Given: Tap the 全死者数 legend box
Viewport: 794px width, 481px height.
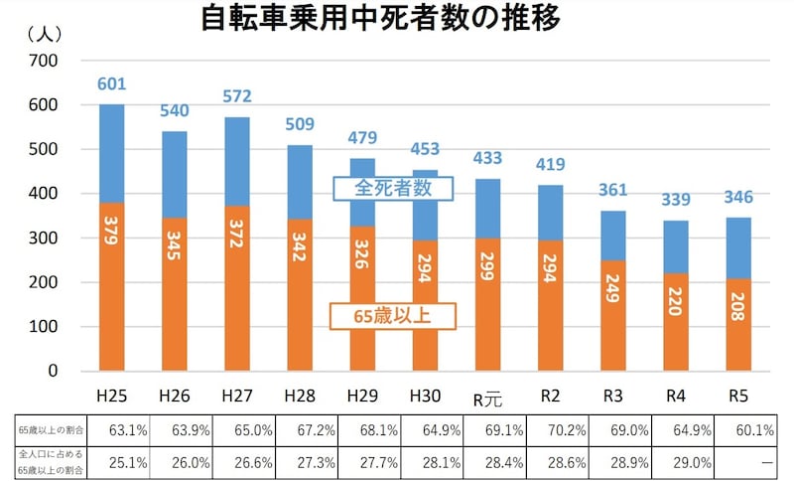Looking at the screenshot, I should (393, 188).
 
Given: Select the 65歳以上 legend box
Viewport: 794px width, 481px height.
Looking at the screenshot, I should (392, 317).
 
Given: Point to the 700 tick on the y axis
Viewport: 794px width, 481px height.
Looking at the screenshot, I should (45, 61).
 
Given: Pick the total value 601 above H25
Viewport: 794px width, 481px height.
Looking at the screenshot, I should (112, 84).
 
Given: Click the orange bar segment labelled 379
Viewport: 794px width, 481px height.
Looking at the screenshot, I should (112, 286).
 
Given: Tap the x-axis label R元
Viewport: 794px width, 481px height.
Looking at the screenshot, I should (487, 397).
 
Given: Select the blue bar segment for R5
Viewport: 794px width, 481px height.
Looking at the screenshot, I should (738, 247).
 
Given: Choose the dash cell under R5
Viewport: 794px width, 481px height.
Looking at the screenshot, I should (738, 461).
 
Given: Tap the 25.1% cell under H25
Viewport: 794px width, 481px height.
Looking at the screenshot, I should (112, 461).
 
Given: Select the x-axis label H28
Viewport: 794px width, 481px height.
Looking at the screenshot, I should (300, 396).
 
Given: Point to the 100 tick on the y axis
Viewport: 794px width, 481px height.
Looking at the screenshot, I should (45, 327).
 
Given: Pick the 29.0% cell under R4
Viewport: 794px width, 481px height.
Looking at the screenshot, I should (676, 461).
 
